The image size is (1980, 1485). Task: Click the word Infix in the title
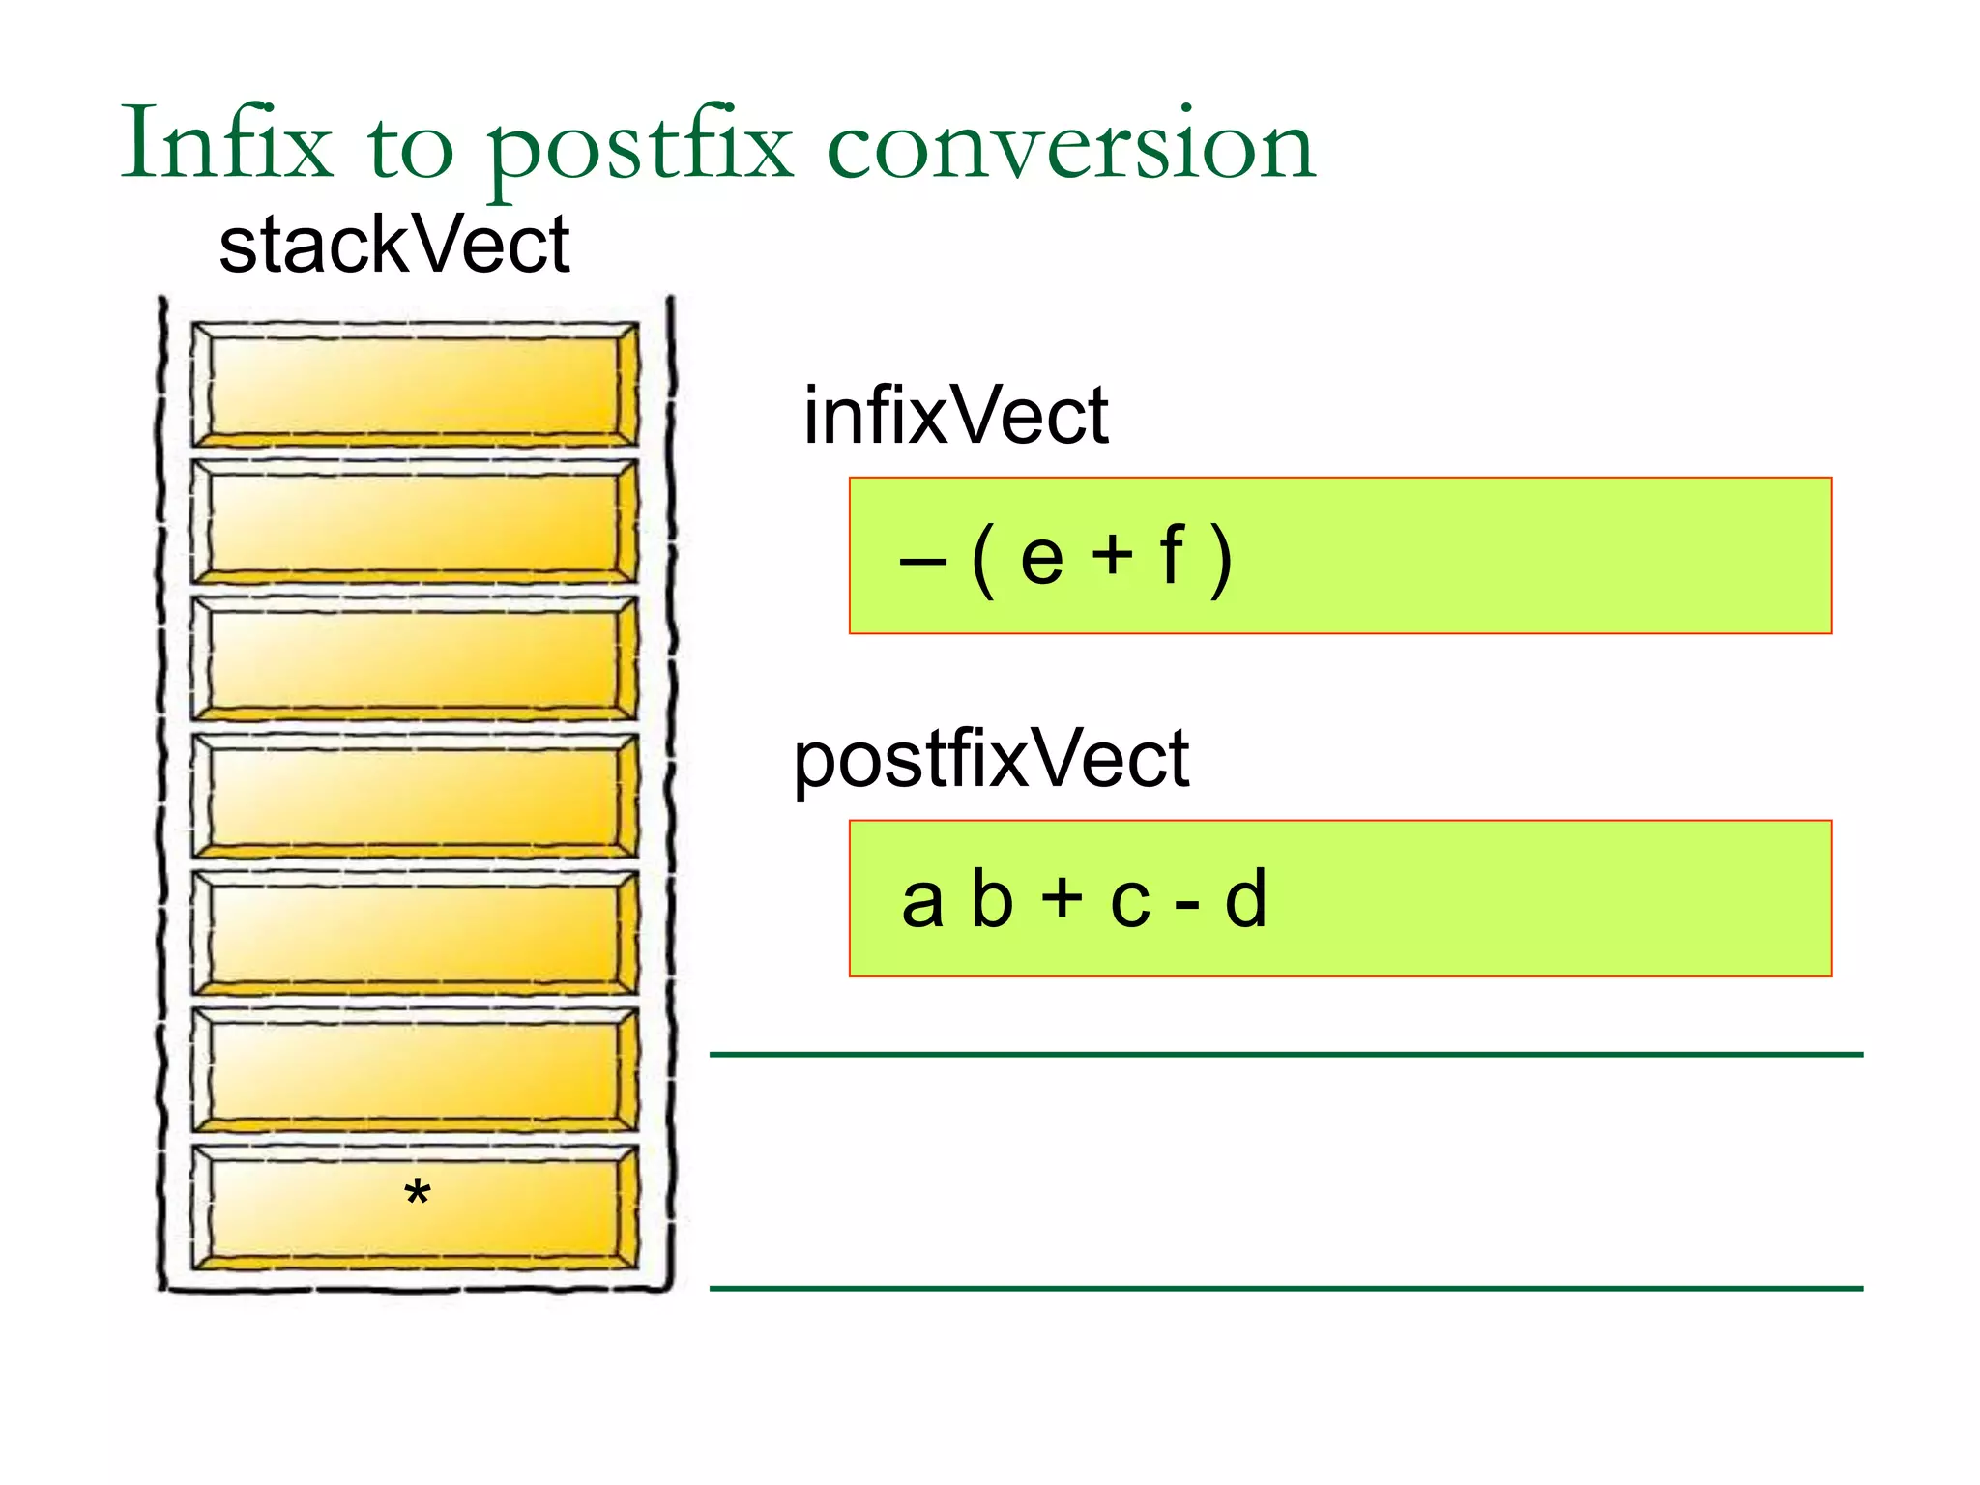226,145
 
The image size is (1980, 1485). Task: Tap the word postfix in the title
638,150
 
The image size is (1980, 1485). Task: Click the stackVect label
394,246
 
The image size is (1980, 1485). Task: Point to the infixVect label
955,416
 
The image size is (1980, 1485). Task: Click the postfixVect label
991,760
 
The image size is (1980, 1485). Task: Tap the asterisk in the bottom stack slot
417,1194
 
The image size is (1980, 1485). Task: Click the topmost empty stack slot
414,385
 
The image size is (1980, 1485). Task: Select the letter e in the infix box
1041,558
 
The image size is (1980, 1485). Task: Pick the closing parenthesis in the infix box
1221,559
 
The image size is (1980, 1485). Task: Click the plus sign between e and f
1112,557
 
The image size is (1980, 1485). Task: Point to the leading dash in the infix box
922,561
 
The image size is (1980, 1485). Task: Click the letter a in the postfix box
921,901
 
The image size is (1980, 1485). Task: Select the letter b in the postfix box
992,898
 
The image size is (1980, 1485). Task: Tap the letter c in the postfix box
1130,903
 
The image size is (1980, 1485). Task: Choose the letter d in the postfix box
1245,898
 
